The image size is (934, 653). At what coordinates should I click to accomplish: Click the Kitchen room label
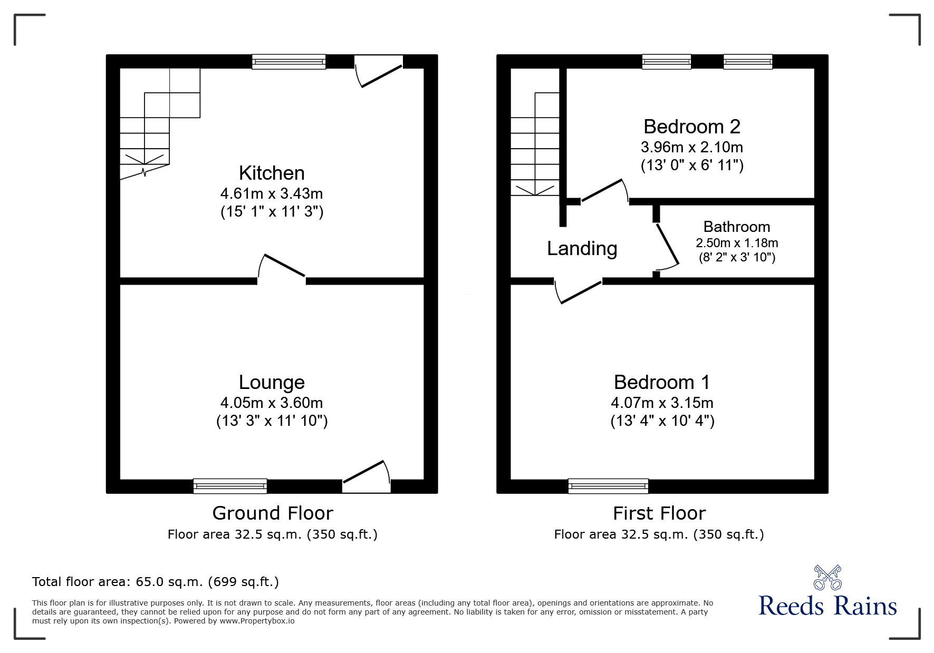[272, 173]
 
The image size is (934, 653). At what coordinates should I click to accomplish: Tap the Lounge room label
[272, 383]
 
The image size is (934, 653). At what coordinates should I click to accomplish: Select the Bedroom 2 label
[692, 126]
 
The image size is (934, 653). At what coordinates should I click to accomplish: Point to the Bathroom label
[737, 227]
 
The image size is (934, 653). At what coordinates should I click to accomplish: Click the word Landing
[582, 249]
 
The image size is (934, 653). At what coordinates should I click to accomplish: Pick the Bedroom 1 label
[662, 382]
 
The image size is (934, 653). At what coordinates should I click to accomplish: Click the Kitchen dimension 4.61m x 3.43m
[272, 193]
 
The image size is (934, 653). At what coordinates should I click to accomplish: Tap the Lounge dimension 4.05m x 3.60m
[272, 403]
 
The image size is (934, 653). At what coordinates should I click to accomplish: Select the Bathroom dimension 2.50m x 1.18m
[737, 243]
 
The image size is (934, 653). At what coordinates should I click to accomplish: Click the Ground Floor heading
[273, 513]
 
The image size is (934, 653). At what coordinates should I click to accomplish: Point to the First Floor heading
[659, 513]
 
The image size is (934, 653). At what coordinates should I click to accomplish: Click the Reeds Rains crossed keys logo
[827, 578]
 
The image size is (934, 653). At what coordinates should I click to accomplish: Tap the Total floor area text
[156, 582]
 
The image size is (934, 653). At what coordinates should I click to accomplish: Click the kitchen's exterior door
[379, 71]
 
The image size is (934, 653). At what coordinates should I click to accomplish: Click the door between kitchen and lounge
[282, 269]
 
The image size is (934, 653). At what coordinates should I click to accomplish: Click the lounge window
[230, 486]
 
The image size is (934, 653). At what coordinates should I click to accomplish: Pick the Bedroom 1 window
[608, 486]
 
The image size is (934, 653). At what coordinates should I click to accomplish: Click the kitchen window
[288, 62]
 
